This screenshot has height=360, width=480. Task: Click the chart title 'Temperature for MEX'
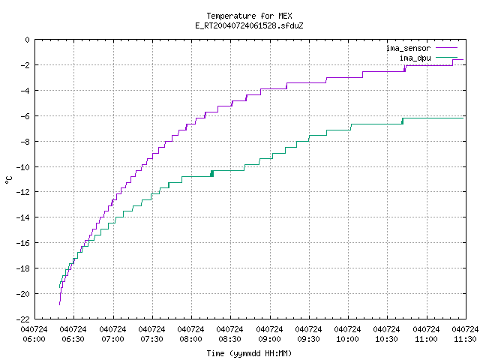click(249, 16)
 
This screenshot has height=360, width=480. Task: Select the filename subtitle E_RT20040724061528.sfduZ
click(249, 25)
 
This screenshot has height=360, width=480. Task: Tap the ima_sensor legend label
click(408, 48)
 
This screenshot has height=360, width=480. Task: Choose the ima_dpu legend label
click(415, 58)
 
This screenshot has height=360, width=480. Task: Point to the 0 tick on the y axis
click(28, 40)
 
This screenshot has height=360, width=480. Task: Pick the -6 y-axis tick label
click(25, 116)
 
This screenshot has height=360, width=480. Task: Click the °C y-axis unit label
click(8, 180)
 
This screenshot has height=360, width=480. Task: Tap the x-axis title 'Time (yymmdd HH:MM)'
click(249, 353)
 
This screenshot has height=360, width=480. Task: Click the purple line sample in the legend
click(447, 48)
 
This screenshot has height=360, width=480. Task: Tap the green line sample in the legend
click(447, 57)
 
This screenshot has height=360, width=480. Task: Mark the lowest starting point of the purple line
click(59, 304)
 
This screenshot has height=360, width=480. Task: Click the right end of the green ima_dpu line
click(463, 118)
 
